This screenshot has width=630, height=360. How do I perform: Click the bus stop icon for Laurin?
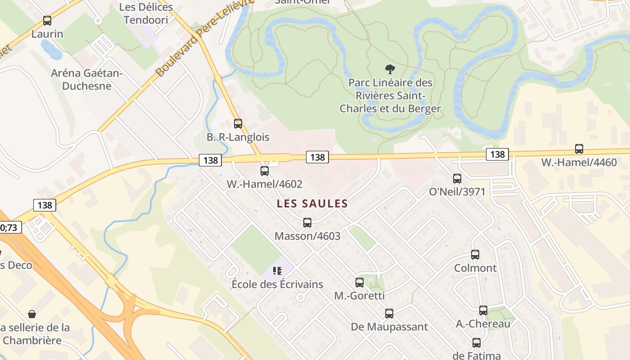click(47, 21)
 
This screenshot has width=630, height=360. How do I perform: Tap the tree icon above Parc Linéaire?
click(390, 69)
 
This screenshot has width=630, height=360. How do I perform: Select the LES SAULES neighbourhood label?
click(312, 203)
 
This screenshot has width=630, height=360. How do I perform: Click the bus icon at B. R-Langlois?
click(238, 123)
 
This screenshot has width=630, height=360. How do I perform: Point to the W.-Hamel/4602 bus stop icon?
click(265, 171)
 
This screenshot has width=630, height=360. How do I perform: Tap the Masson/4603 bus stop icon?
click(307, 222)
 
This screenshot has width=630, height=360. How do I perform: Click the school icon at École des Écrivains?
click(277, 270)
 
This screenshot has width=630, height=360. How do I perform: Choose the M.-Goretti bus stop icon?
click(360, 283)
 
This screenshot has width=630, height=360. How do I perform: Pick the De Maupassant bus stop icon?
click(389, 314)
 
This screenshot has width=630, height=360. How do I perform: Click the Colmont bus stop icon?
click(475, 255)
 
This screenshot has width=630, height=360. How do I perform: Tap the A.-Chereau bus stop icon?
click(483, 310)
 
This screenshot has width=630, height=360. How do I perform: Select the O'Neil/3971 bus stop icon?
click(457, 179)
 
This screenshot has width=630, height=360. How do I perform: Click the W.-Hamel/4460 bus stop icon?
click(579, 149)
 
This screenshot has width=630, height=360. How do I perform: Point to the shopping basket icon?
click(32, 314)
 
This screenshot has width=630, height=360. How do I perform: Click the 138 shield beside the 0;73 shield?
click(45, 205)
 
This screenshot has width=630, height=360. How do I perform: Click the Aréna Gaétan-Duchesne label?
click(87, 79)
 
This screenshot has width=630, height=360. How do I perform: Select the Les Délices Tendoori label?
click(146, 13)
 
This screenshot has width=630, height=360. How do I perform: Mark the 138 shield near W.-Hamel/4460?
click(497, 154)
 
